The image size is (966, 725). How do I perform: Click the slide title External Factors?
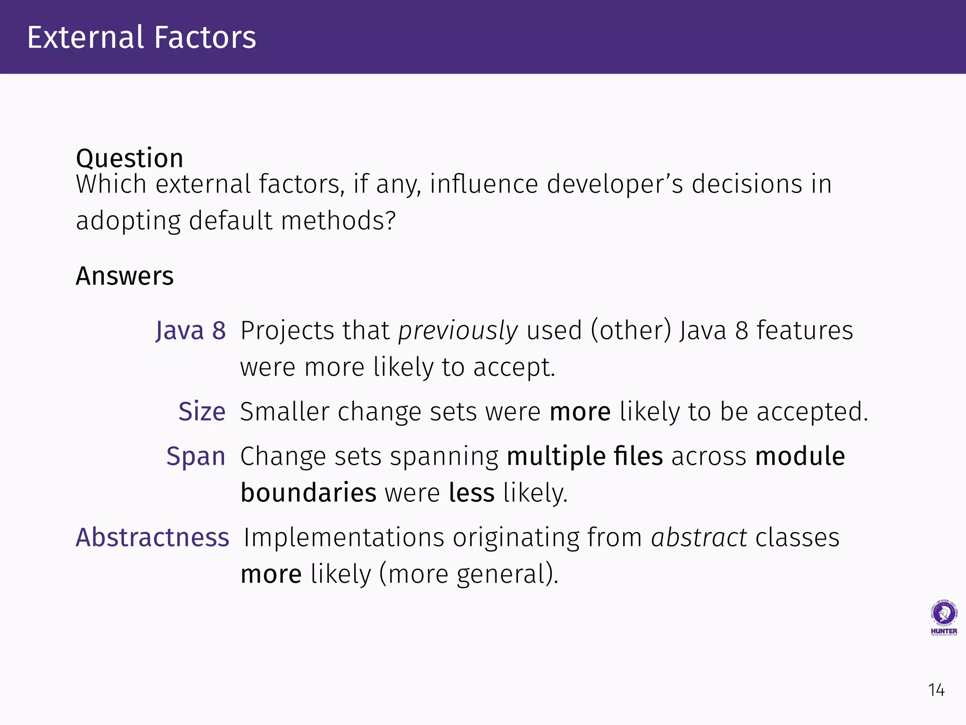[142, 37]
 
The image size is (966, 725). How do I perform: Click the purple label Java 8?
[191, 330]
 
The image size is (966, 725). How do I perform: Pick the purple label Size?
[201, 411]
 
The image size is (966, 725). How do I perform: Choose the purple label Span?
[196, 456]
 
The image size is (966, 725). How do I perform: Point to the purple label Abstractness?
[152, 537]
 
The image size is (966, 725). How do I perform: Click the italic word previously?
[458, 331]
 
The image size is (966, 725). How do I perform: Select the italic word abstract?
[699, 537]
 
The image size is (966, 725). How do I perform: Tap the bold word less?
[471, 493]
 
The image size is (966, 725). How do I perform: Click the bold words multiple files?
[584, 456]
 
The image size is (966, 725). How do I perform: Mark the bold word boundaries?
[308, 493]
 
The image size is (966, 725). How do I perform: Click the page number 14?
[936, 690]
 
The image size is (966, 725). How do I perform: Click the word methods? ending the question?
[338, 220]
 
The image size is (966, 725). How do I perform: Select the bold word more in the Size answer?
[580, 412]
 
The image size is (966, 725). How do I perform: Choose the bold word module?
[799, 456]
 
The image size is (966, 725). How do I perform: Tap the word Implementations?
[344, 537]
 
